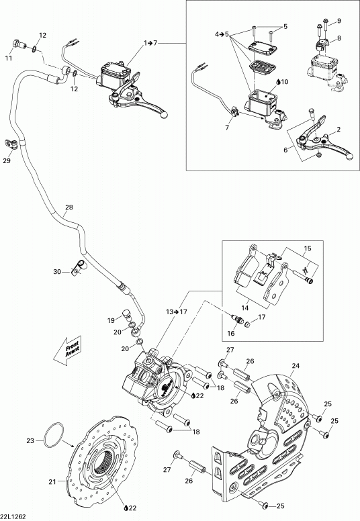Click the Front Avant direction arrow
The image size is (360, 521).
[x=67, y=351]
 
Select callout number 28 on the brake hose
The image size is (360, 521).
[x=69, y=207]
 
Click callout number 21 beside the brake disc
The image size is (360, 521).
[x=52, y=481]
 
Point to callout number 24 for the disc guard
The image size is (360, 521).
[x=296, y=366]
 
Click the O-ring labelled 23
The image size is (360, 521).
[x=53, y=436]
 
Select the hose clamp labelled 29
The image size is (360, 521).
[x=11, y=144]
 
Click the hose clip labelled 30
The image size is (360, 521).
[x=79, y=267]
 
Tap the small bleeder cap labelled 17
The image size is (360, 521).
[x=247, y=324]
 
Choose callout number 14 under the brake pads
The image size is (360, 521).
[x=244, y=307]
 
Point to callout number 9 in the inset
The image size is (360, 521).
[x=339, y=21]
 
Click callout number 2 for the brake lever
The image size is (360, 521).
[x=339, y=130]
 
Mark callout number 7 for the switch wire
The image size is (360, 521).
[x=228, y=128]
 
